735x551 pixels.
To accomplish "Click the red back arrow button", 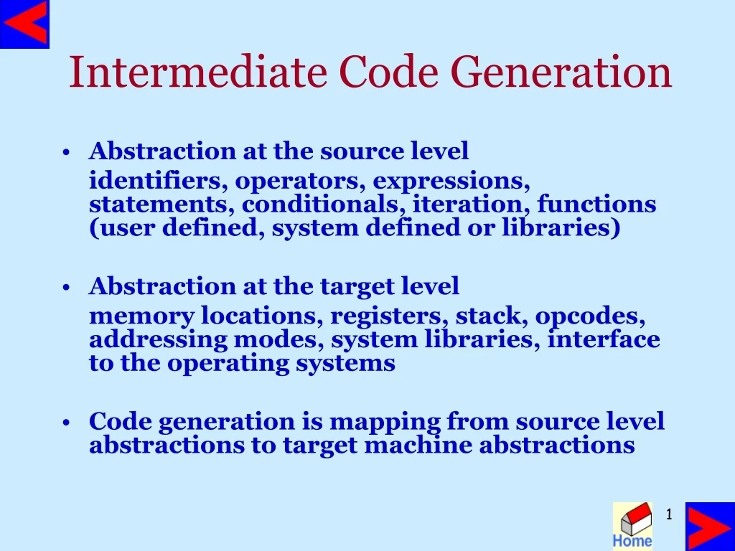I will [x=24, y=24].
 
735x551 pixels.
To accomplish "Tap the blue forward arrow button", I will [x=709, y=526].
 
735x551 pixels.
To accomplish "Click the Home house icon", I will [x=632, y=525].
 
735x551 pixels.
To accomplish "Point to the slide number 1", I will [x=668, y=514].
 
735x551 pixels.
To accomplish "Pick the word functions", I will [x=596, y=204].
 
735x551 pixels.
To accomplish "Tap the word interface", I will [x=604, y=339].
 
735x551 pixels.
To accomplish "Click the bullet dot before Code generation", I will [x=66, y=423].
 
